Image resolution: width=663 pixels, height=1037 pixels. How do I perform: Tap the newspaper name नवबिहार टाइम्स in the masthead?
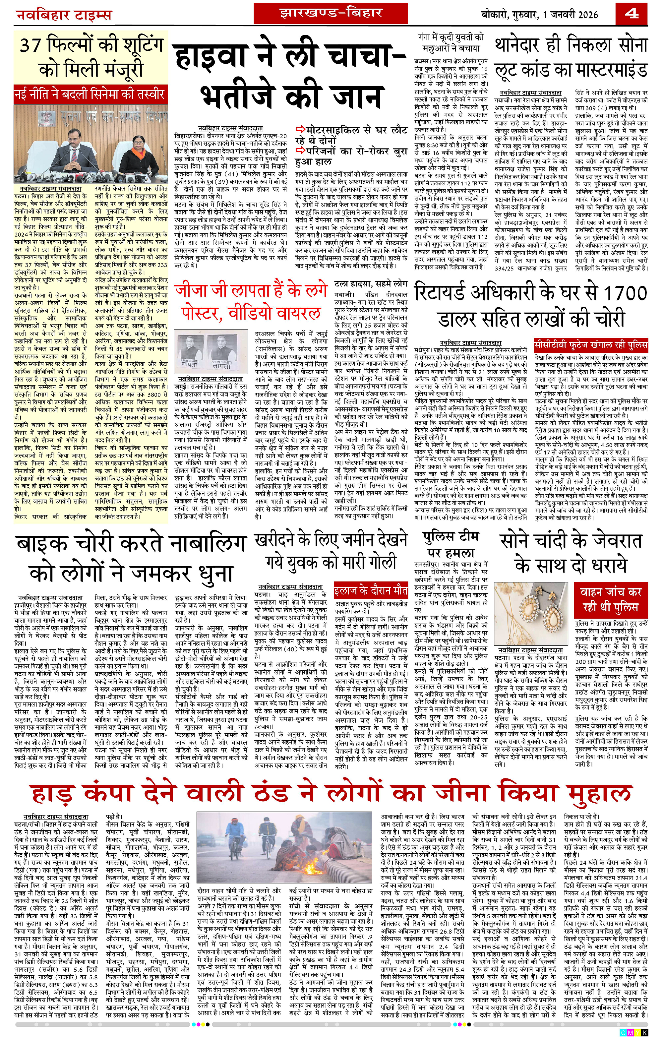[x=63, y=16]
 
